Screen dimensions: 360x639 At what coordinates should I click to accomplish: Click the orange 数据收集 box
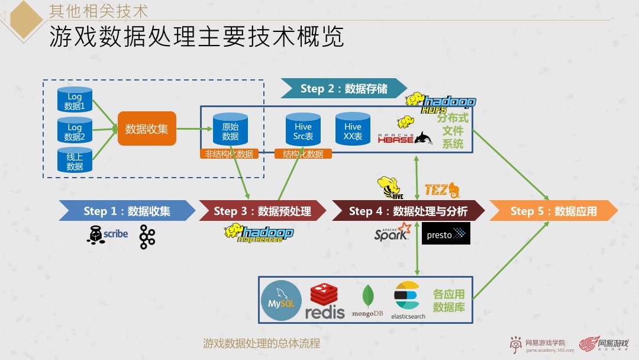point(147,128)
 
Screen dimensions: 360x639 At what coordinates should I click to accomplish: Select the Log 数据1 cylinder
point(75,100)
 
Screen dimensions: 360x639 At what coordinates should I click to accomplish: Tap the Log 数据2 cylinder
point(75,131)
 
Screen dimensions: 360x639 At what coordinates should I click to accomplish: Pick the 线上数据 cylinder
point(75,161)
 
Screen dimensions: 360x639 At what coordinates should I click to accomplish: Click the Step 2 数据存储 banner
point(344,88)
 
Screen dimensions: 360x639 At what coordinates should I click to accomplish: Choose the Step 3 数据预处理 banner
point(262,211)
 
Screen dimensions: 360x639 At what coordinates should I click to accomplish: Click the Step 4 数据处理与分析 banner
point(408,211)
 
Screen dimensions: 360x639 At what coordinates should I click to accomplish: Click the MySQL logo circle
point(281,301)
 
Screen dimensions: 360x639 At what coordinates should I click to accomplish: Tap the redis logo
point(324,301)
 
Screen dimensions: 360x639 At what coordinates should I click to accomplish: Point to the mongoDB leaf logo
point(367,298)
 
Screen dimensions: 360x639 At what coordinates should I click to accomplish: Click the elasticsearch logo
point(408,299)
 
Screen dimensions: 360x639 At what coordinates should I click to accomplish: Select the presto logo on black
point(447,234)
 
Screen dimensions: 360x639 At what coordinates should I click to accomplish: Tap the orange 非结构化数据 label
point(229,154)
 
